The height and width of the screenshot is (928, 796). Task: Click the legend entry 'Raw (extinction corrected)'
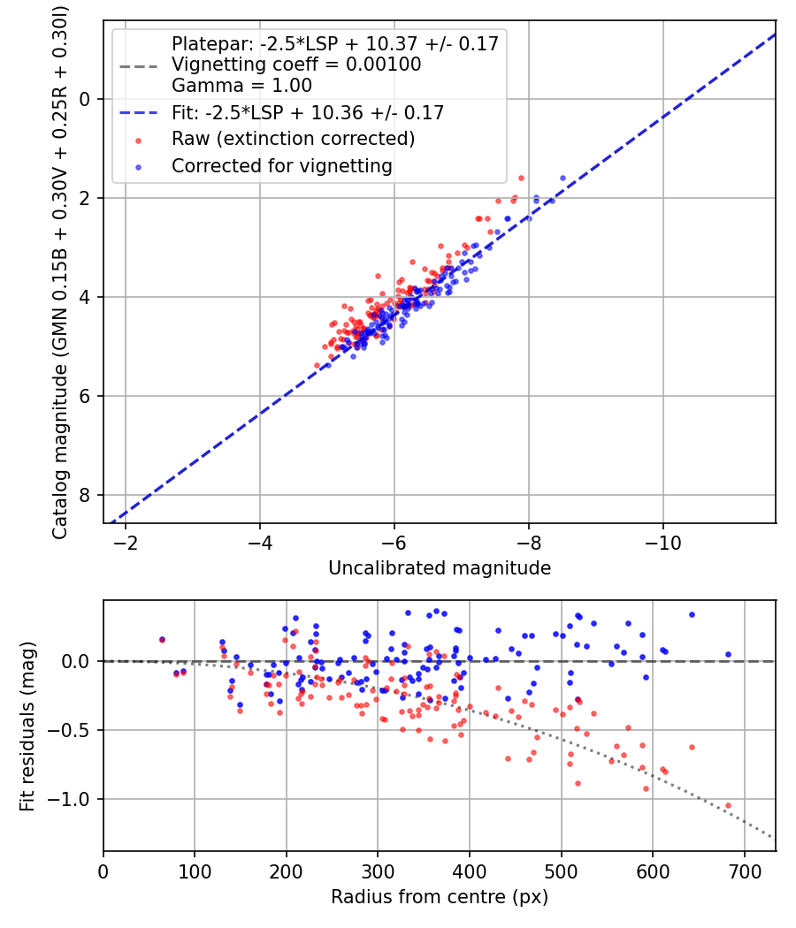coord(293,139)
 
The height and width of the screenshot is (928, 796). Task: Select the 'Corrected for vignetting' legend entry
coord(281,165)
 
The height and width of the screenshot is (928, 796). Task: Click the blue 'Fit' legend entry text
coord(307,112)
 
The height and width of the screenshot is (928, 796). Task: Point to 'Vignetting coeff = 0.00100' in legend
coord(296,65)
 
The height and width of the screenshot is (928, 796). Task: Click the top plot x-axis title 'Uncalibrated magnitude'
coord(440,568)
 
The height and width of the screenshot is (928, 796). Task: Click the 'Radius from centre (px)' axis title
coord(440,897)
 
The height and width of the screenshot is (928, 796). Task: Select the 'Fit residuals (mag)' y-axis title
coord(27,726)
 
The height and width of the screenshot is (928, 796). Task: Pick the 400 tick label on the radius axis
coord(470,871)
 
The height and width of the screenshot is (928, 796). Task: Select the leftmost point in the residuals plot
coord(162,640)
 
